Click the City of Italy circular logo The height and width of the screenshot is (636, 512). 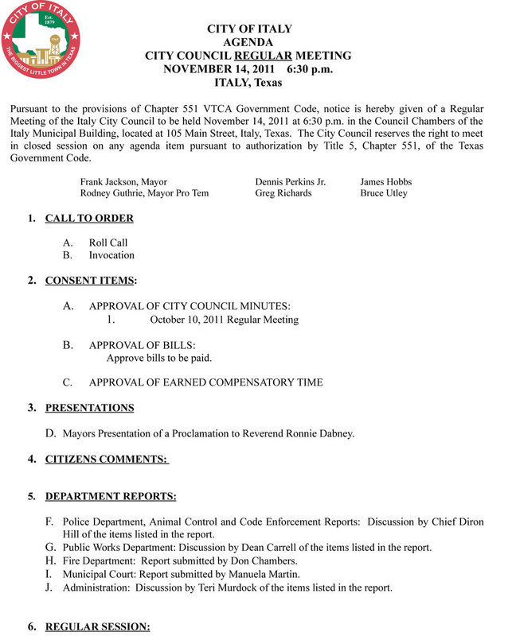(41, 41)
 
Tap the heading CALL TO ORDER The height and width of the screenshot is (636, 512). (89, 218)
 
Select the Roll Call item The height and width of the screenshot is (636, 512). (108, 242)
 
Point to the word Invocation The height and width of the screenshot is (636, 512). (111, 255)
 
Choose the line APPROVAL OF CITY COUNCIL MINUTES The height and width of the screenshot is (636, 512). (190, 306)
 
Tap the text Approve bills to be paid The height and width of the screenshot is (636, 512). (159, 357)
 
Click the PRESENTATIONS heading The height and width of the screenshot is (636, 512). (89, 408)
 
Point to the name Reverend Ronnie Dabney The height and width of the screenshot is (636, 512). (299, 433)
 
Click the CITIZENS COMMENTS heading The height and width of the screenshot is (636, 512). (107, 459)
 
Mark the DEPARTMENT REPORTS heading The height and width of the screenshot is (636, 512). (111, 496)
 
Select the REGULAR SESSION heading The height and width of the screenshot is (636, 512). (97, 627)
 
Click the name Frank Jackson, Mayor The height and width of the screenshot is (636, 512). (123, 181)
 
